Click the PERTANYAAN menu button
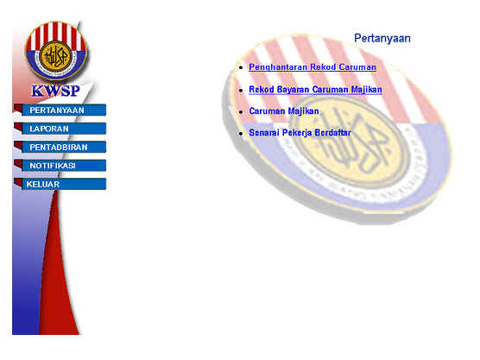pos(64,111)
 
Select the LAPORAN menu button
pos(64,129)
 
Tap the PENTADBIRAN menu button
pos(64,148)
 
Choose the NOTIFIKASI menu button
pos(64,166)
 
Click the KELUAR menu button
pos(64,184)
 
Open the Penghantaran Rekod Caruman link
pos(313,67)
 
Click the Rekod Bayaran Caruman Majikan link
pos(315,90)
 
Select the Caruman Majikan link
pos(284,111)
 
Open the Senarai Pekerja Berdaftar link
pos(300,133)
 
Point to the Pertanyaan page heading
pos(382,38)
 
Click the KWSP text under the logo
pos(56,91)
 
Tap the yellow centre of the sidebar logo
pos(56,57)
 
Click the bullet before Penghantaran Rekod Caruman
pos(241,67)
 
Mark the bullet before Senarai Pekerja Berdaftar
pos(241,134)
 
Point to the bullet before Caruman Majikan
pos(241,112)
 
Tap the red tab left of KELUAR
pos(18,182)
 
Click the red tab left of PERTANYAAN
pos(18,109)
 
